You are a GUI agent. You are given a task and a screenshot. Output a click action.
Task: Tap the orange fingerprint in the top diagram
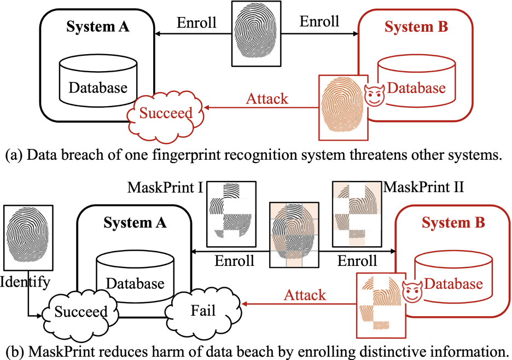(344, 107)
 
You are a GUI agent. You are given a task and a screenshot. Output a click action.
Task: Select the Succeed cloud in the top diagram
(165, 113)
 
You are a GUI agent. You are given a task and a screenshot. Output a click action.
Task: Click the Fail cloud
(202, 311)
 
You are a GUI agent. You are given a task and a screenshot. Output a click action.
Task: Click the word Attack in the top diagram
(267, 99)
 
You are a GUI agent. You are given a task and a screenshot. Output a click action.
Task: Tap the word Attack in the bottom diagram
(305, 295)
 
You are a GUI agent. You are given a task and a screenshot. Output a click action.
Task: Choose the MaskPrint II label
(423, 188)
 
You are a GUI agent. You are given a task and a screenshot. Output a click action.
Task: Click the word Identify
(25, 282)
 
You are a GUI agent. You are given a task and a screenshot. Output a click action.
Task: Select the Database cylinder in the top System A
(98, 83)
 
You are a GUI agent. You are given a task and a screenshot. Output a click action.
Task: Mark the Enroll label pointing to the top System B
(319, 21)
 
